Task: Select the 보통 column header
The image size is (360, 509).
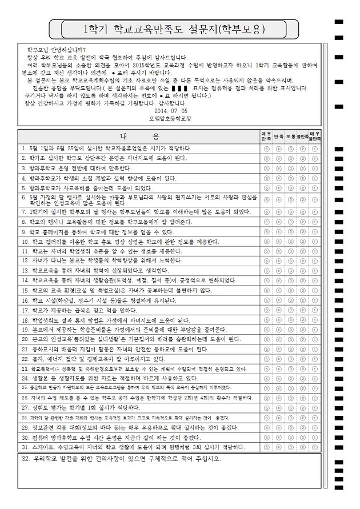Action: pyautogui.click(x=291, y=137)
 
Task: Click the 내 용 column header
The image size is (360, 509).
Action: pyautogui.click(x=139, y=137)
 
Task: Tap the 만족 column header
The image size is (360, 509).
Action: pyautogui.click(x=279, y=137)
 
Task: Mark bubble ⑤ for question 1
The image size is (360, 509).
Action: pyautogui.click(x=267, y=148)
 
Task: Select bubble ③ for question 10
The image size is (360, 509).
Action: pyautogui.click(x=291, y=242)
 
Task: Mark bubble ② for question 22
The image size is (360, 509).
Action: pyautogui.click(x=303, y=359)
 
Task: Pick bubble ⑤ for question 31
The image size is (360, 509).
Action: pyautogui.click(x=267, y=447)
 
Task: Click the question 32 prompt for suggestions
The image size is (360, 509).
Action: pyautogui.click(x=120, y=459)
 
